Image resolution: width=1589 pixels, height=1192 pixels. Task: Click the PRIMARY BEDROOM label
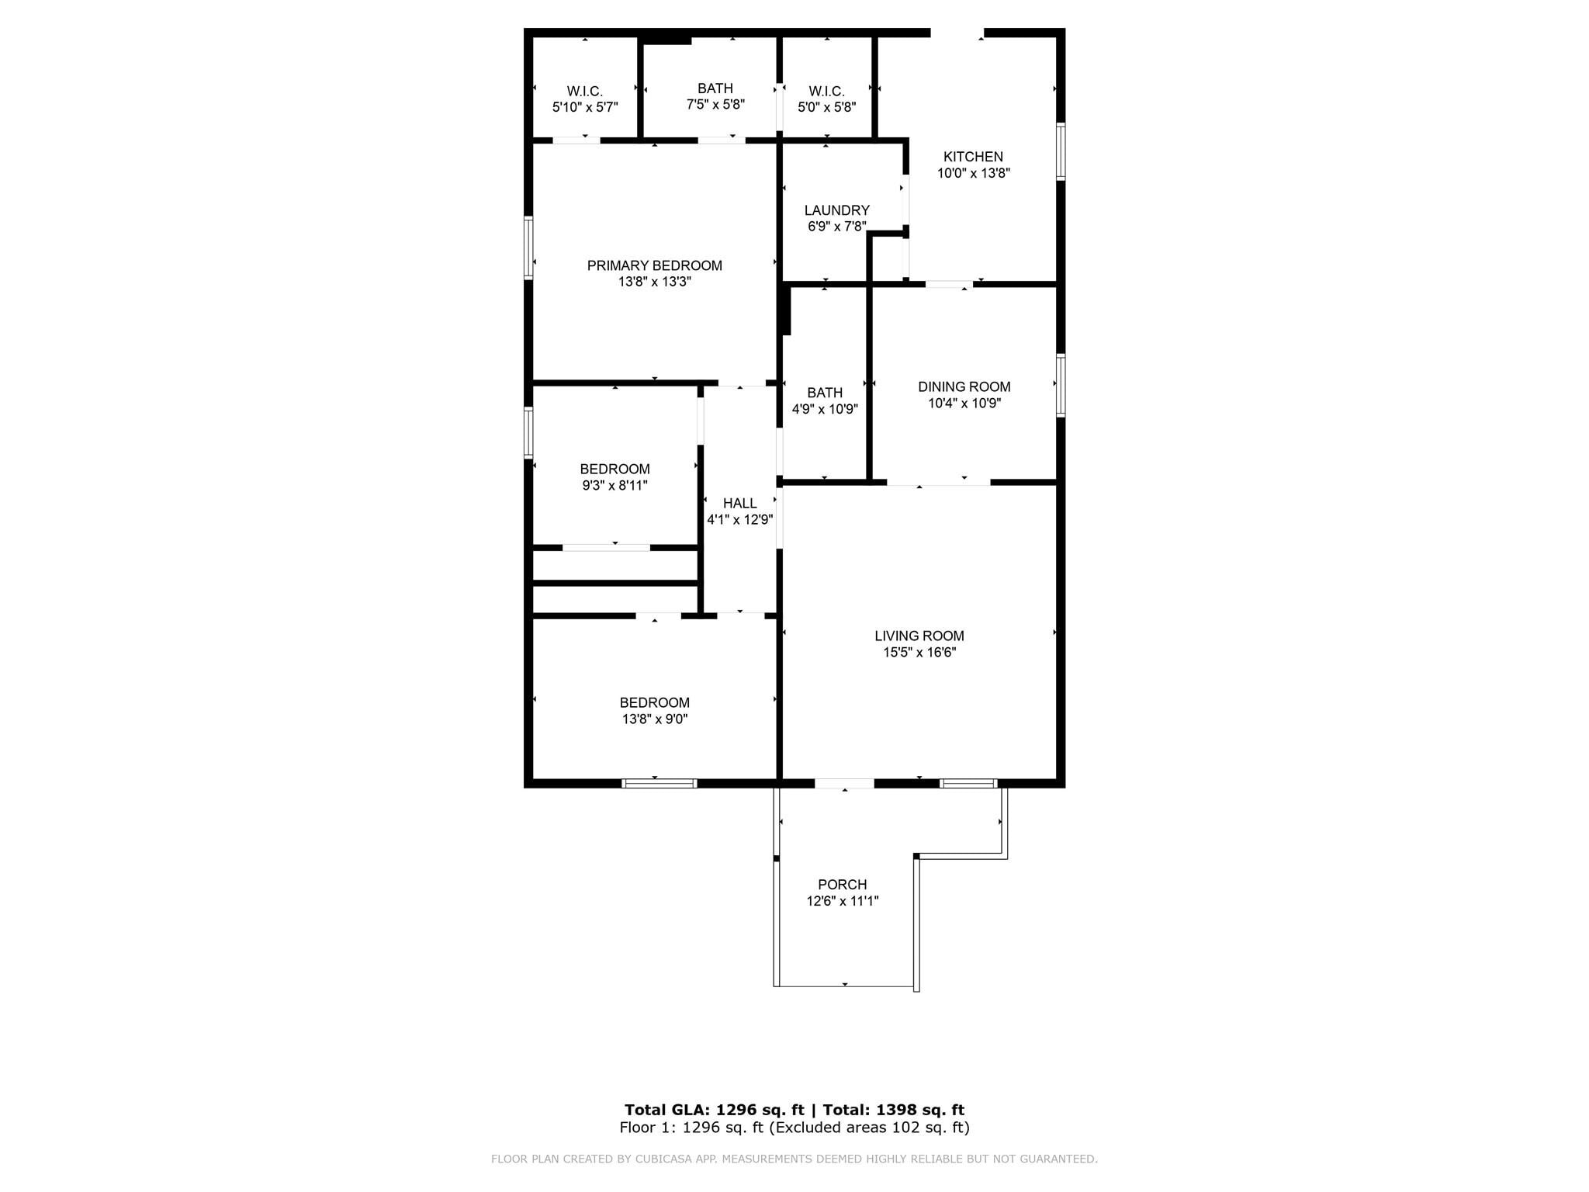click(x=654, y=265)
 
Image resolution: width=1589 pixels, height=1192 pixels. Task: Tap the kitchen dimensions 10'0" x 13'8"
click(x=973, y=173)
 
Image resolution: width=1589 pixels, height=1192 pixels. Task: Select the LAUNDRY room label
click(x=836, y=210)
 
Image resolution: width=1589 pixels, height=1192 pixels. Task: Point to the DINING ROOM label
click(x=964, y=386)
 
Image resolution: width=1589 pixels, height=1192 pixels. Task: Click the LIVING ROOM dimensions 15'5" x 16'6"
click(x=919, y=653)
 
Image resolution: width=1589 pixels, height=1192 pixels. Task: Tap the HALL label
click(x=739, y=504)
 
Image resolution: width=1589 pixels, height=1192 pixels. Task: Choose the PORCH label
click(x=842, y=885)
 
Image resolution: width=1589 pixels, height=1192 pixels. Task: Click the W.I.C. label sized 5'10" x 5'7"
click(x=584, y=91)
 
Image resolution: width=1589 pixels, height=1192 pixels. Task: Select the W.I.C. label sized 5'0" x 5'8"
click(x=826, y=91)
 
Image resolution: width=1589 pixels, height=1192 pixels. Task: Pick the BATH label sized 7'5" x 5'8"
click(x=715, y=88)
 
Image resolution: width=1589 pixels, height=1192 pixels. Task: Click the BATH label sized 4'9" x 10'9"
click(x=824, y=393)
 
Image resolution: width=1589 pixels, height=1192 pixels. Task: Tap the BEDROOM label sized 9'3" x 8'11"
click(x=614, y=469)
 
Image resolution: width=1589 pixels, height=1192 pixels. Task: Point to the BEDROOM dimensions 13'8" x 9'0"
click(x=654, y=719)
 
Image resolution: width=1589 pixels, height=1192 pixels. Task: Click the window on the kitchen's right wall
click(x=1060, y=151)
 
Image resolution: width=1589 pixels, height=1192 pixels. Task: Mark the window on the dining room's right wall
click(x=1060, y=385)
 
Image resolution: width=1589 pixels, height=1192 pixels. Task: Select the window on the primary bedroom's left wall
click(x=528, y=248)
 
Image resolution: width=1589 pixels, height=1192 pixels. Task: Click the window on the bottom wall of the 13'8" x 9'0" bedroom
click(x=659, y=784)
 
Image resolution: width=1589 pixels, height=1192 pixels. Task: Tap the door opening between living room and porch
click(x=844, y=784)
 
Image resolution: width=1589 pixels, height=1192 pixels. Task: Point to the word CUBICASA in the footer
click(x=663, y=1159)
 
